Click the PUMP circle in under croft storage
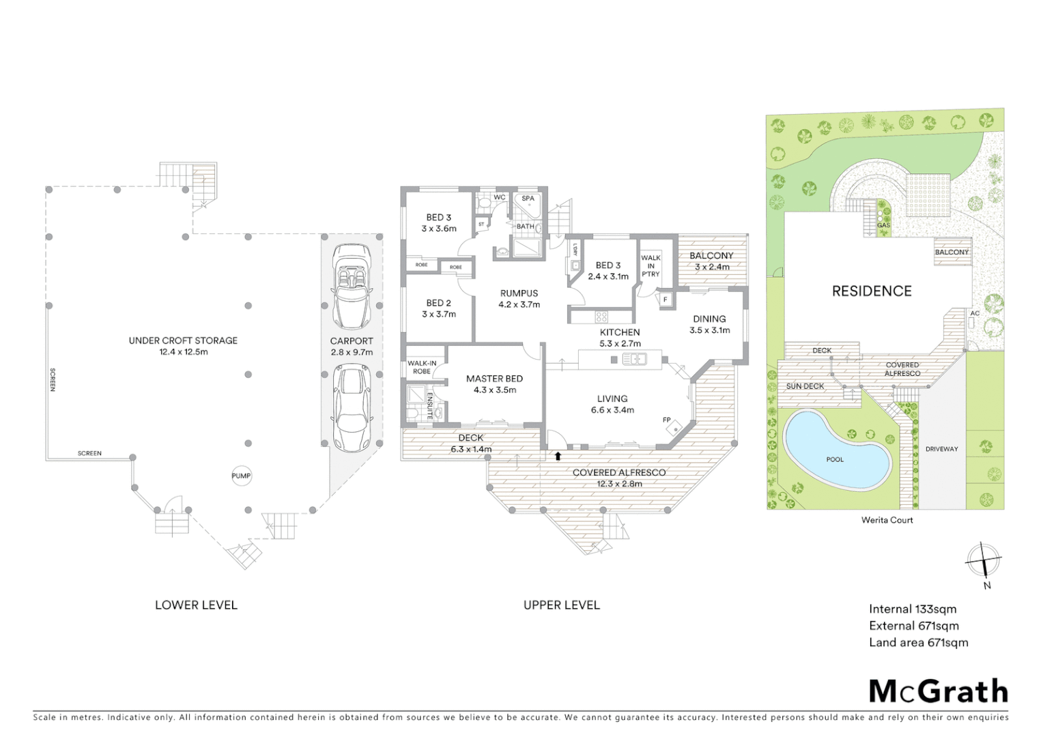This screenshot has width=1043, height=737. coord(241,476)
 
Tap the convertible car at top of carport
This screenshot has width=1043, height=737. coord(352,287)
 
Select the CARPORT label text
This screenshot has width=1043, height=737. coord(352,341)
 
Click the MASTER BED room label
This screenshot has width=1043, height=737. coord(494,379)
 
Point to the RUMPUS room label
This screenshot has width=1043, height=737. coord(519,293)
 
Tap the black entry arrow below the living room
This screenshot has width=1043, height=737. coord(558,456)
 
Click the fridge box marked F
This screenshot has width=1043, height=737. coord(665,300)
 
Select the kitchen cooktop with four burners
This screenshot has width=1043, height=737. coord(601,317)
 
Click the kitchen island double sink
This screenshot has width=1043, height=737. coord(634,359)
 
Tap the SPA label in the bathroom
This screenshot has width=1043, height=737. coord(528,199)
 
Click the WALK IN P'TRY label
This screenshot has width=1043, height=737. coord(651,266)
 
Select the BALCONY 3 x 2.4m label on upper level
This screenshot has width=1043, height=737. coord(711,261)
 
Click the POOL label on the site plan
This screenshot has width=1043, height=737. coord(835,459)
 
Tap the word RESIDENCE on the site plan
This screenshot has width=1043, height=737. coord(872,291)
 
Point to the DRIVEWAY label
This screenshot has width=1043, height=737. coord(941,449)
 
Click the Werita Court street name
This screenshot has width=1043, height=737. coord(887,520)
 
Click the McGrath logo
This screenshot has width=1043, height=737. coord(939,691)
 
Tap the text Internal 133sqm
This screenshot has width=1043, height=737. coord(913,609)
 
